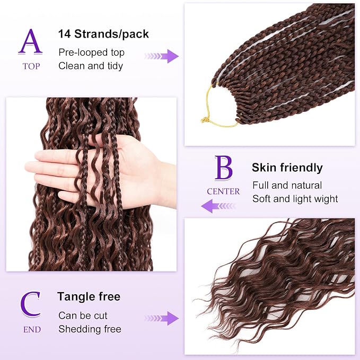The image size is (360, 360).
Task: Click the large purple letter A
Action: coord(30,42)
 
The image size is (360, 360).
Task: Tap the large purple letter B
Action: coord(223,168)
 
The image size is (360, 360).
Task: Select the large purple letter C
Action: coord(31,304)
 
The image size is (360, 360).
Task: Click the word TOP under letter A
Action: coord(31,66)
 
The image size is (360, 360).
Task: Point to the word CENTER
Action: coord(223,191)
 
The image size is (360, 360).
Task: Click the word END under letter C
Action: coord(32,329)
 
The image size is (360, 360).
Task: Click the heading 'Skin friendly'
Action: coord(287,168)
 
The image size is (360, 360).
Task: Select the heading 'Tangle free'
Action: coord(89,296)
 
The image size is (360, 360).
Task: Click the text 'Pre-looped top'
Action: coord(91,52)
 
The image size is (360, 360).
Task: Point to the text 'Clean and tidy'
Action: coord(91,66)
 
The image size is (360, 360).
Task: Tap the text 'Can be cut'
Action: coord(83,315)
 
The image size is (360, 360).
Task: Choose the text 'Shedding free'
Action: coord(90,329)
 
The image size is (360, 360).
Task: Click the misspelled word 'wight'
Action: coord(326,199)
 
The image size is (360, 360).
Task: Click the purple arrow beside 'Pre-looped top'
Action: coord(162,56)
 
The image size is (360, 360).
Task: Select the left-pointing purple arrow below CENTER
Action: coord(218,206)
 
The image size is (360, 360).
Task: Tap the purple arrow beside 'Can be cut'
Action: coord(162,318)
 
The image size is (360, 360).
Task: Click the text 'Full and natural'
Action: coord(287,186)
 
